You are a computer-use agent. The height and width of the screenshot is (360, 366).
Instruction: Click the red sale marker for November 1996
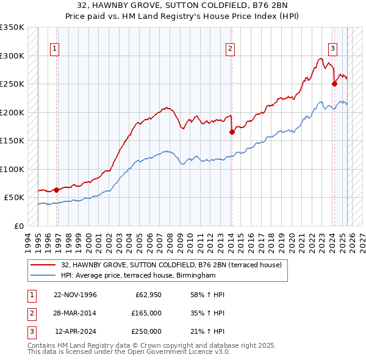pos(56,190)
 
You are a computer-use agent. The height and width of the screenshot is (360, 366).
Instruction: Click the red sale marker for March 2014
pos(232,132)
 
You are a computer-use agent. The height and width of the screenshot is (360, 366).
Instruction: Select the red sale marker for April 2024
pos(334,84)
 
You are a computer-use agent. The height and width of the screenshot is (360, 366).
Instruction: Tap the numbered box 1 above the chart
pos(56,49)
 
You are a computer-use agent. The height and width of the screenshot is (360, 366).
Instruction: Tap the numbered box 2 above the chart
pos(231,49)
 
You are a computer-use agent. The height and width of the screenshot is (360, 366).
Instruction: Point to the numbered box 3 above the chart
pos(333,49)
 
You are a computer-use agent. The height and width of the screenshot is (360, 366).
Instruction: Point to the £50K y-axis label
pos(14,198)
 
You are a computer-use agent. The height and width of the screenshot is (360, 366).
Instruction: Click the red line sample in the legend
pos(43,265)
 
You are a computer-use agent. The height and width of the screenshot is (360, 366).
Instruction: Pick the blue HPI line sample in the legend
pos(43,276)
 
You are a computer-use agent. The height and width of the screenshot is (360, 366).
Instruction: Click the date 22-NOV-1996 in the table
pos(75,295)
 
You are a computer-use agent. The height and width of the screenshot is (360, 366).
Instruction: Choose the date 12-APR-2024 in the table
pos(76,331)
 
